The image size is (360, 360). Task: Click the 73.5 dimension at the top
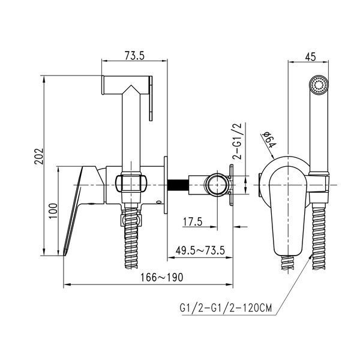pyautogui.click(x=134, y=55)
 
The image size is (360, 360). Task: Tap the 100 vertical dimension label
pyautogui.click(x=53, y=211)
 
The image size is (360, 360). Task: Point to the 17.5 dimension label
pyautogui.click(x=193, y=222)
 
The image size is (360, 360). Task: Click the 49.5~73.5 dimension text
pyautogui.click(x=200, y=250)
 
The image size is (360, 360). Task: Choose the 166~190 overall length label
pyautogui.click(x=162, y=277)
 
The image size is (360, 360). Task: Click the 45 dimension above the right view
pyautogui.click(x=310, y=57)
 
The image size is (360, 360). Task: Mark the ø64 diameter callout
pyautogui.click(x=269, y=140)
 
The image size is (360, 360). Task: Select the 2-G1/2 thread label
pyautogui.click(x=238, y=141)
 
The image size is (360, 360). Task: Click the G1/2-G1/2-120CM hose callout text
pyautogui.click(x=226, y=308)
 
